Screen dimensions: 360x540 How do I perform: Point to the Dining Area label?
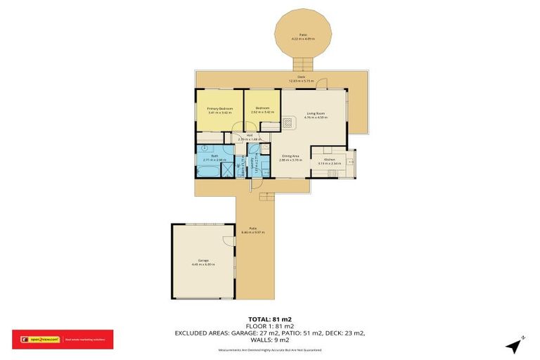(x=290, y=157)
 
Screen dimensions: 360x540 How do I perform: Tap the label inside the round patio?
(x=304, y=36)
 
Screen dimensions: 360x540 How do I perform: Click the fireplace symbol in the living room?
(x=289, y=122)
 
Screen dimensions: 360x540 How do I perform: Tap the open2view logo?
(x=39, y=339)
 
